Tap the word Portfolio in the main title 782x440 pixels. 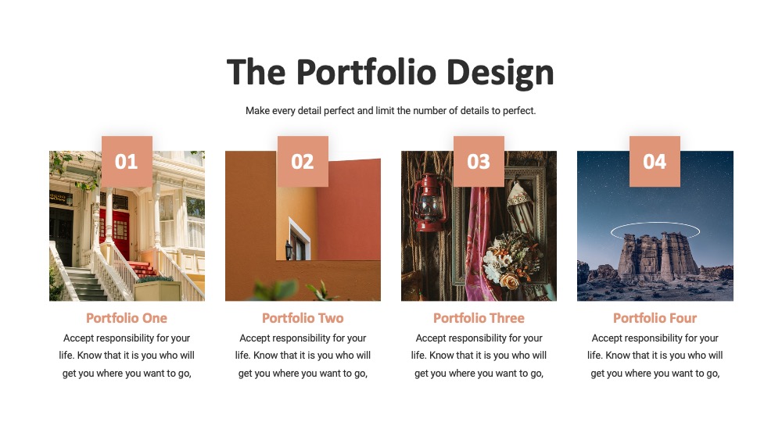point(366,71)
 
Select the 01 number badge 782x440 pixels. point(127,162)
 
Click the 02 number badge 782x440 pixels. point(303,162)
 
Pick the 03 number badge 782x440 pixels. point(479,162)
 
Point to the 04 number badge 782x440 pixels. point(655,162)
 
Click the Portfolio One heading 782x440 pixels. point(127,318)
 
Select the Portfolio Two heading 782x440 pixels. point(303,318)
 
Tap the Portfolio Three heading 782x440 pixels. point(479,318)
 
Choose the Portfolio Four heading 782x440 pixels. point(655,318)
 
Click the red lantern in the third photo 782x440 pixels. point(429,203)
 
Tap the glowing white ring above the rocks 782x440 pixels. point(655,223)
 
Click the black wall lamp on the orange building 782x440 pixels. point(289,249)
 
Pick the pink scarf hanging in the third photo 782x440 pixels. point(477,243)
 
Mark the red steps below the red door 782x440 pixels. point(143,269)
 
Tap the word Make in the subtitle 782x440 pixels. point(257,110)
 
